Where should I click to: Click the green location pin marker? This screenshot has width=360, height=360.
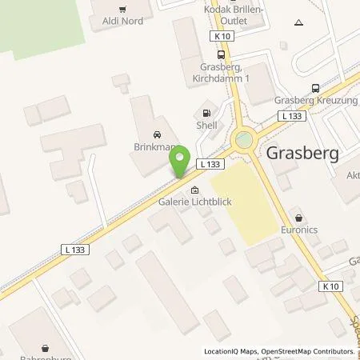pyautogui.click(x=181, y=161)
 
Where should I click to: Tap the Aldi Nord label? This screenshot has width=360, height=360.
pyautogui.click(x=122, y=21)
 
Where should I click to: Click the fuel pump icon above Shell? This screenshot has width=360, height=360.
pyautogui.click(x=207, y=114)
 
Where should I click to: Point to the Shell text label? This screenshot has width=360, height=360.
pyautogui.click(x=207, y=126)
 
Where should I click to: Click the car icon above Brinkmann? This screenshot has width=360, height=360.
pyautogui.click(x=155, y=134)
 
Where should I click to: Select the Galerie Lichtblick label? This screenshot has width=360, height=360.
pyautogui.click(x=195, y=202)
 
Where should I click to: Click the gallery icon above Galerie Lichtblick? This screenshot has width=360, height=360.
pyautogui.click(x=195, y=190)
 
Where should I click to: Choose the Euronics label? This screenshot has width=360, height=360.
pyautogui.click(x=299, y=230)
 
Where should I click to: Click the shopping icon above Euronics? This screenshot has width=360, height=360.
pyautogui.click(x=299, y=218)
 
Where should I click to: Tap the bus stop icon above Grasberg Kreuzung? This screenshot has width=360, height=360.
pyautogui.click(x=316, y=89)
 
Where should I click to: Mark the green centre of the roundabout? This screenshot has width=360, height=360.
pyautogui.click(x=243, y=141)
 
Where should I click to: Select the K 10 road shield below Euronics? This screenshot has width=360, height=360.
pyautogui.click(x=330, y=286)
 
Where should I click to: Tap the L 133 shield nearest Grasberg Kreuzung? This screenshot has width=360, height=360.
pyautogui.click(x=289, y=117)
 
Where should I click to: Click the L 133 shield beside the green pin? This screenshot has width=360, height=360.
pyautogui.click(x=209, y=164)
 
